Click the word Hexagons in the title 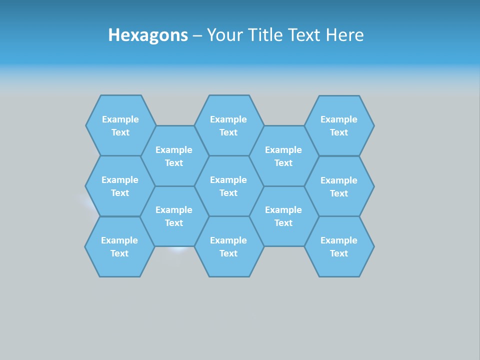pos(148,35)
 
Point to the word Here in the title pos(344,35)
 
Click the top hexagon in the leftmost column pos(120,125)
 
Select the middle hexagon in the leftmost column pos(120,186)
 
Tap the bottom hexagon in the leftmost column pos(119,246)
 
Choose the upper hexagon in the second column pos(174,156)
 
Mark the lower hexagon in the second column pos(174,216)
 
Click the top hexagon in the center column pos(228,125)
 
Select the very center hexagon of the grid pos(228,186)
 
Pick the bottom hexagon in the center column pos(228,246)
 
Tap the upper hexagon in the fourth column pos(283,156)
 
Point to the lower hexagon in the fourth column pos(283,216)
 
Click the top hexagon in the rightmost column pos(339,125)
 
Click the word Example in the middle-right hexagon pos(339,180)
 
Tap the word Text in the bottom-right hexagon pos(339,253)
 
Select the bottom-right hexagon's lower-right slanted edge pos(367,261)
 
